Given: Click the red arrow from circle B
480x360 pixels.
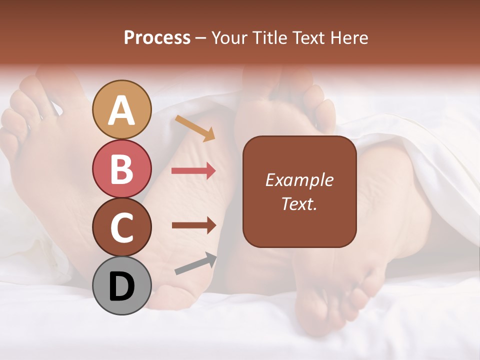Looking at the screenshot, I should click(193, 171).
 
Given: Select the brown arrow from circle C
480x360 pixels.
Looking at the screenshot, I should click(194, 225).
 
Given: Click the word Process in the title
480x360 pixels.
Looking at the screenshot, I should click(157, 37).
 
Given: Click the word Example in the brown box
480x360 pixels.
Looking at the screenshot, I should click(299, 180).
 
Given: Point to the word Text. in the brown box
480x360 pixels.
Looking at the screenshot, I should click(299, 203).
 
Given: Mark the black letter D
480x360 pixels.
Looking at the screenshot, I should click(122, 286).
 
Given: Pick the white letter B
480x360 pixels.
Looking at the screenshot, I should click(122, 169).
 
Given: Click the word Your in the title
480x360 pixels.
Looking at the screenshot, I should click(229, 37).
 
